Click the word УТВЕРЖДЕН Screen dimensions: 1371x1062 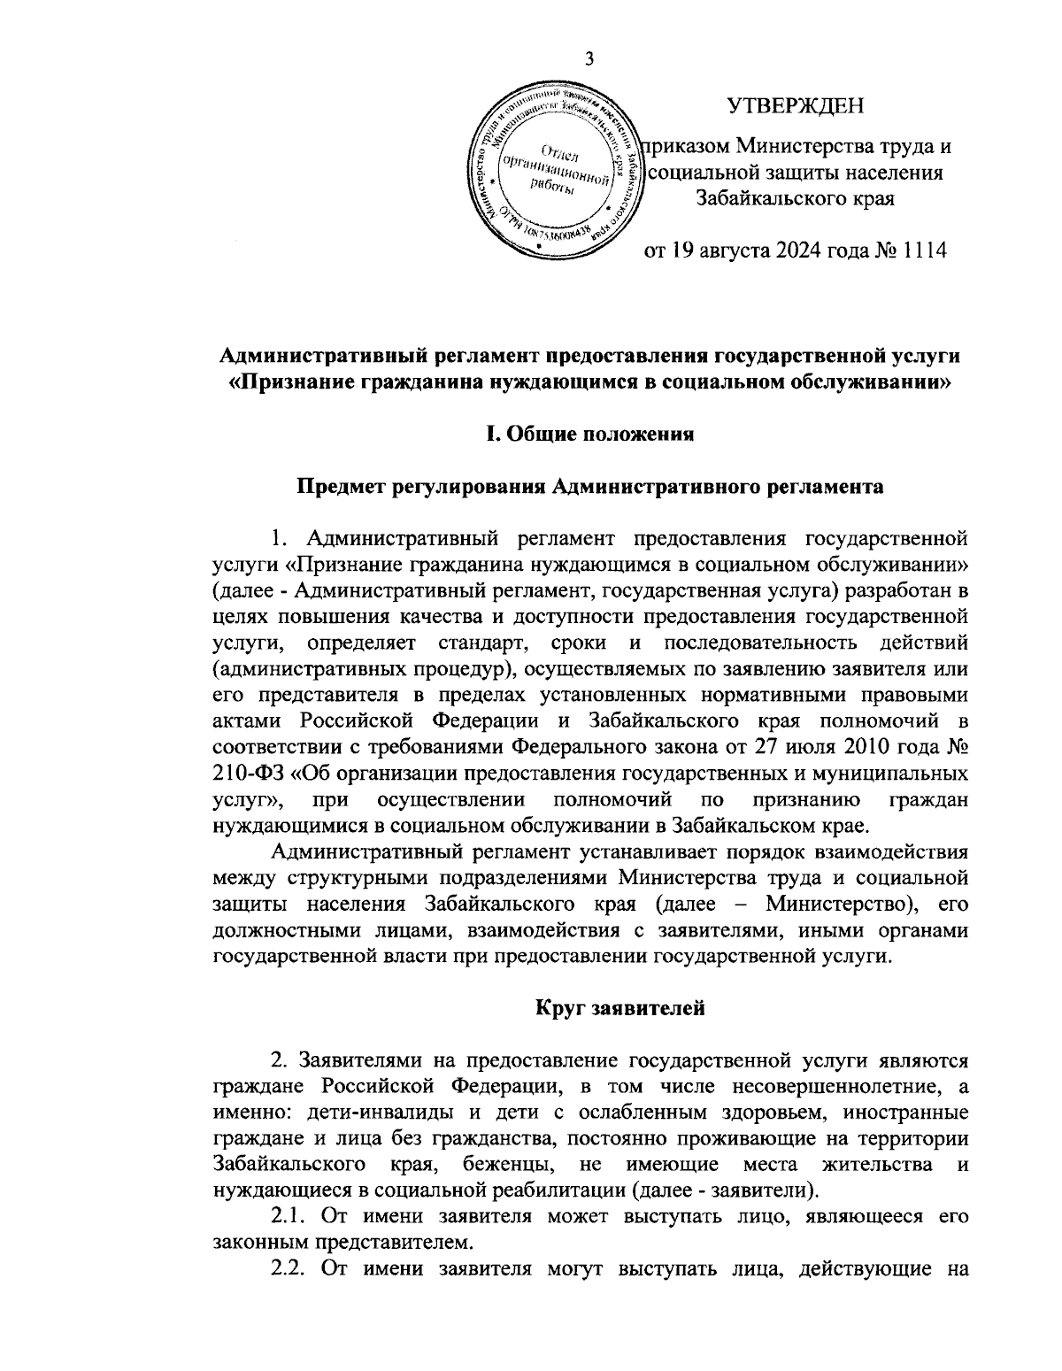coord(795,107)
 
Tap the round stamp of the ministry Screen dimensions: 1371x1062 coord(553,169)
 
